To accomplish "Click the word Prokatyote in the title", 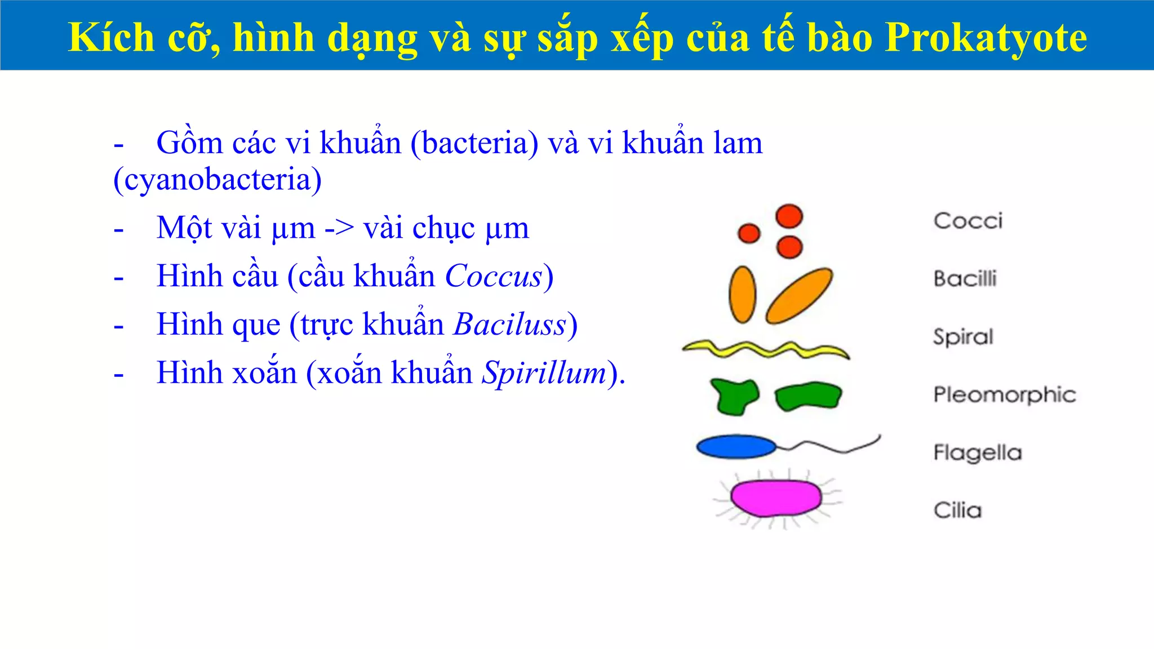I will (x=986, y=38).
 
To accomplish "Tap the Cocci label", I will (x=968, y=221).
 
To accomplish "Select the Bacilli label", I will (x=965, y=279).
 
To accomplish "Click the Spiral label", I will (x=963, y=337).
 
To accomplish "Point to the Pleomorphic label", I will (x=1004, y=395).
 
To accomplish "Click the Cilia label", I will (x=957, y=510).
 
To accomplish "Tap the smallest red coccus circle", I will (x=749, y=233).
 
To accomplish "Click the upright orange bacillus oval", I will (x=742, y=295).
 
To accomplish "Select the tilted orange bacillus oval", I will (x=799, y=296).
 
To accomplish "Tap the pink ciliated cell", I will (x=776, y=498).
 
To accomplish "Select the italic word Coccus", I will (x=494, y=277).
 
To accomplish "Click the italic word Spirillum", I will (x=544, y=373).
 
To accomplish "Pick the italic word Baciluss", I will (x=510, y=325).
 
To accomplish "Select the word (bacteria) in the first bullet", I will (x=474, y=143).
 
